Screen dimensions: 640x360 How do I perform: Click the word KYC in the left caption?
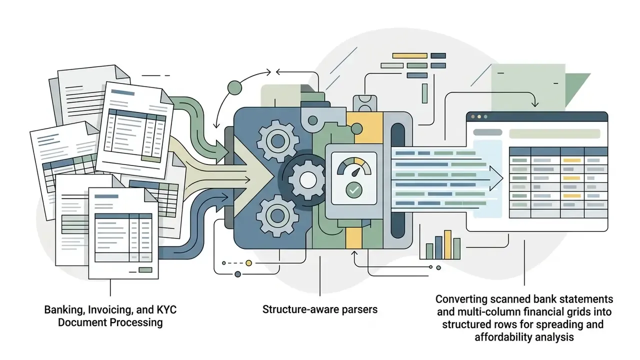166,309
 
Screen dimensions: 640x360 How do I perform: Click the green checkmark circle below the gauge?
354,190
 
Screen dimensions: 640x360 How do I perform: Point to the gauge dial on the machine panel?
354,167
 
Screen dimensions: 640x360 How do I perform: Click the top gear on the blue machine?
277,141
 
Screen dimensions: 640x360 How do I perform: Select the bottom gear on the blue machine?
277,215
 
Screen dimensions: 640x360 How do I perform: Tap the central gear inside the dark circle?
307,180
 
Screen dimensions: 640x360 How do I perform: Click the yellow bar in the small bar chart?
447,244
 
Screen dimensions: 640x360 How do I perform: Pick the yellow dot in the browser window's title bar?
479,116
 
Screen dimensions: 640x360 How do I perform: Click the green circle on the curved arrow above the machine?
234,87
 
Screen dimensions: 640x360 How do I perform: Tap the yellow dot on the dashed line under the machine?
249,263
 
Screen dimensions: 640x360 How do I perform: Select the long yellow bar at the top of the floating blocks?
409,55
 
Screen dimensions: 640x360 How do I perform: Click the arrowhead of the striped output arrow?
496,178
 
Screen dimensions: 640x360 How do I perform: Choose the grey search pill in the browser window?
487,132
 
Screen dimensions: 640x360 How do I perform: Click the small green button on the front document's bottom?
145,270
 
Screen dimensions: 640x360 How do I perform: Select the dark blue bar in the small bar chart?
438,247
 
